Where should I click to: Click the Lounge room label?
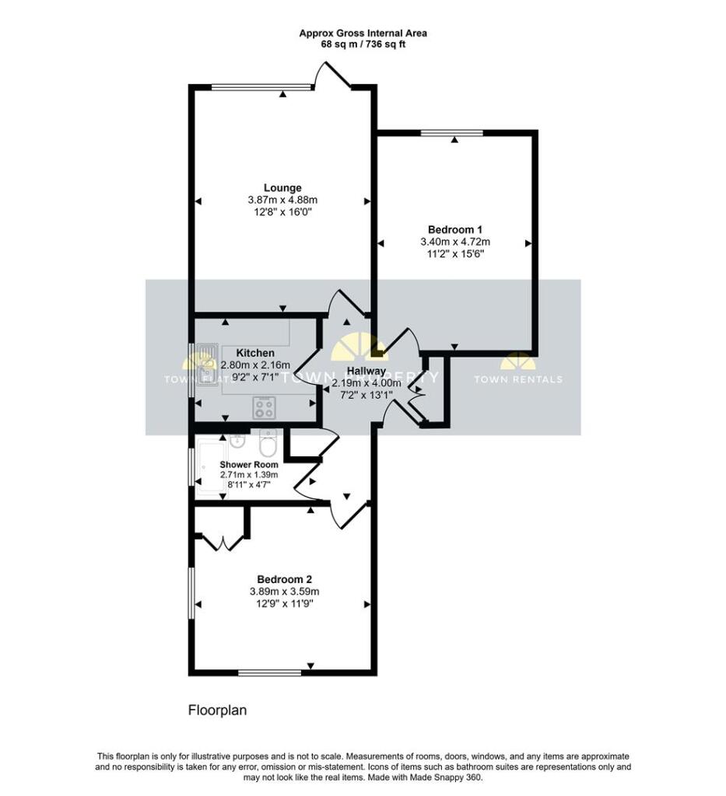click(x=282, y=187)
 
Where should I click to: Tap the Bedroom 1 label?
click(x=455, y=229)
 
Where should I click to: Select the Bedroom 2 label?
click(x=284, y=579)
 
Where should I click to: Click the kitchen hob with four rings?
click(x=264, y=407)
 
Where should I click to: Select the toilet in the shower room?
click(x=268, y=445)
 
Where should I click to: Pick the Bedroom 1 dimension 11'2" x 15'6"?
click(x=455, y=253)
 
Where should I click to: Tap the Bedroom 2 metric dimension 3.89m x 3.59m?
click(x=284, y=592)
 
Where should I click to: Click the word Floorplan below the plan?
click(x=217, y=710)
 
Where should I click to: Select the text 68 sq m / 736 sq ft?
click(x=363, y=44)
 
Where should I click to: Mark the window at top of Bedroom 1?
click(x=452, y=133)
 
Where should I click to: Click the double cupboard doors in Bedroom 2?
click(x=222, y=542)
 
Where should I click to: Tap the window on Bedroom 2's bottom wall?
click(x=269, y=672)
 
